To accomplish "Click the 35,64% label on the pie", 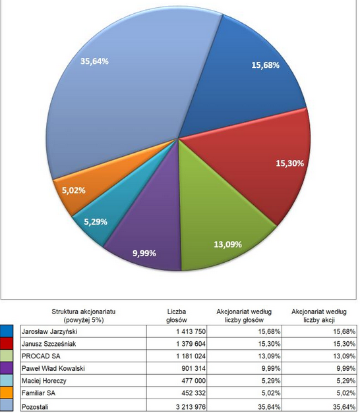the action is click(94, 61).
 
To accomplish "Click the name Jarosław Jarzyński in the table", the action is click(49, 331).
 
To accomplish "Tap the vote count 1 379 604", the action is click(191, 344).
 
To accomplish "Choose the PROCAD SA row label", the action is click(41, 356).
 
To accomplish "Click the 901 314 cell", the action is click(193, 368).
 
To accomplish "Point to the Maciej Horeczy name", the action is click(44, 381).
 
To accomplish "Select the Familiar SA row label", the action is click(38, 393).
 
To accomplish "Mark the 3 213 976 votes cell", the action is click(191, 406).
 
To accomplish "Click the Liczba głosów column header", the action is click(177, 316).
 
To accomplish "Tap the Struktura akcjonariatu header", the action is click(83, 316).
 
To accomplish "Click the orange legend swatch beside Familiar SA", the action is click(7, 393).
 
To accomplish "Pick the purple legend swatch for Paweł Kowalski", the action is click(7, 368).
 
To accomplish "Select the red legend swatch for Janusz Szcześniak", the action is click(7, 343).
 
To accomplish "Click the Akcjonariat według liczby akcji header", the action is click(319, 316).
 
